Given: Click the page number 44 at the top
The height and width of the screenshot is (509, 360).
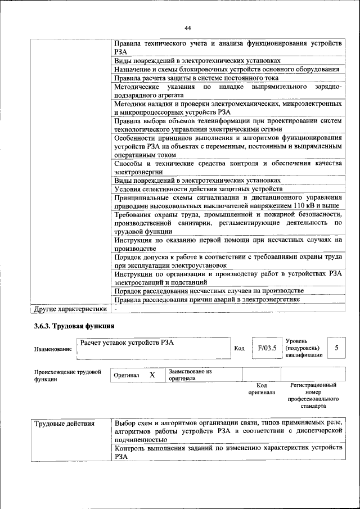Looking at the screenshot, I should pos(188,28).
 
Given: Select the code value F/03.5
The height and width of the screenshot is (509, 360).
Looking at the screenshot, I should pos(267,348).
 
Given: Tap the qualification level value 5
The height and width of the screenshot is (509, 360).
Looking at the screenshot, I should pos(336,348).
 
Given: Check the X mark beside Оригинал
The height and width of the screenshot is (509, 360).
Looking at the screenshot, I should pos(152,375).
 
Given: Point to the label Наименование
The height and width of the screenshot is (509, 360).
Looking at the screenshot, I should pos(53,349).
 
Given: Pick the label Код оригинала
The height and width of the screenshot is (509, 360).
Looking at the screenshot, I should pos(262,389).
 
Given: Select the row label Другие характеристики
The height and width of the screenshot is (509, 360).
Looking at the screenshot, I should pos(70,309).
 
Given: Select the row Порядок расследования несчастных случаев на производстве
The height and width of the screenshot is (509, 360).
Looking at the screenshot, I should pos(209,290).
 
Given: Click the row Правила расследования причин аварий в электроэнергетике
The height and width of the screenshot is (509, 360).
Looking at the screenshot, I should pos(206,299).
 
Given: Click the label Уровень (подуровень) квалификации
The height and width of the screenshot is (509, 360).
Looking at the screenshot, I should pos(304,348).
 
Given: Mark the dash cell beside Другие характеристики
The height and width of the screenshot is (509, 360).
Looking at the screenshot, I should pos(115,309).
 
